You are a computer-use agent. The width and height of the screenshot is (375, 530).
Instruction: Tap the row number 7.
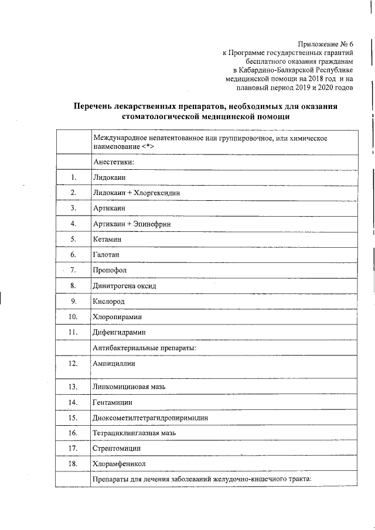[73, 270]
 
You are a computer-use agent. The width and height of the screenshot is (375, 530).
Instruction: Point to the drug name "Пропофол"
[110, 270]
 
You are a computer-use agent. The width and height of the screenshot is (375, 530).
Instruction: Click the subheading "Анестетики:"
[114, 161]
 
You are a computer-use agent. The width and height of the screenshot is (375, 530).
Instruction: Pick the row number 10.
[73, 317]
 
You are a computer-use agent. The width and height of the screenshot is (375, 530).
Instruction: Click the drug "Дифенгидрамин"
[119, 332]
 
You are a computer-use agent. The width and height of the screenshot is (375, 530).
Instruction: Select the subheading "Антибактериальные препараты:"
[144, 348]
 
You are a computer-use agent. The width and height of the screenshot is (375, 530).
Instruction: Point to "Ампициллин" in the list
[114, 364]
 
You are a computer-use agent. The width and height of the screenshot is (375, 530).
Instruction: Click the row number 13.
[73, 387]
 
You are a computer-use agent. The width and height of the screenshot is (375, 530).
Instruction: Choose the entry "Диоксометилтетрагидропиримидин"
[150, 418]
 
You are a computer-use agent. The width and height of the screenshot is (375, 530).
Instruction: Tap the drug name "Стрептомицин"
[116, 449]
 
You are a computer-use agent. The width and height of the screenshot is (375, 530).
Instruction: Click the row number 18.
[73, 464]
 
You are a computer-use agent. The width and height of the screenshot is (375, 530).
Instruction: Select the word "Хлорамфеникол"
[119, 464]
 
